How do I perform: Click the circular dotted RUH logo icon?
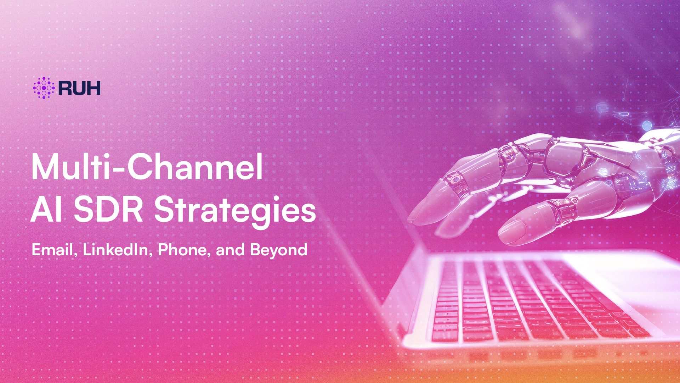(44, 88)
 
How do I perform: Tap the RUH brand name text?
(79, 88)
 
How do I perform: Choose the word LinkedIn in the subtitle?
(118, 250)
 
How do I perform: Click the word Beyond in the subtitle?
(278, 250)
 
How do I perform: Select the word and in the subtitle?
(230, 250)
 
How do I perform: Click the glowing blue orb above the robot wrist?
(647, 125)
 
